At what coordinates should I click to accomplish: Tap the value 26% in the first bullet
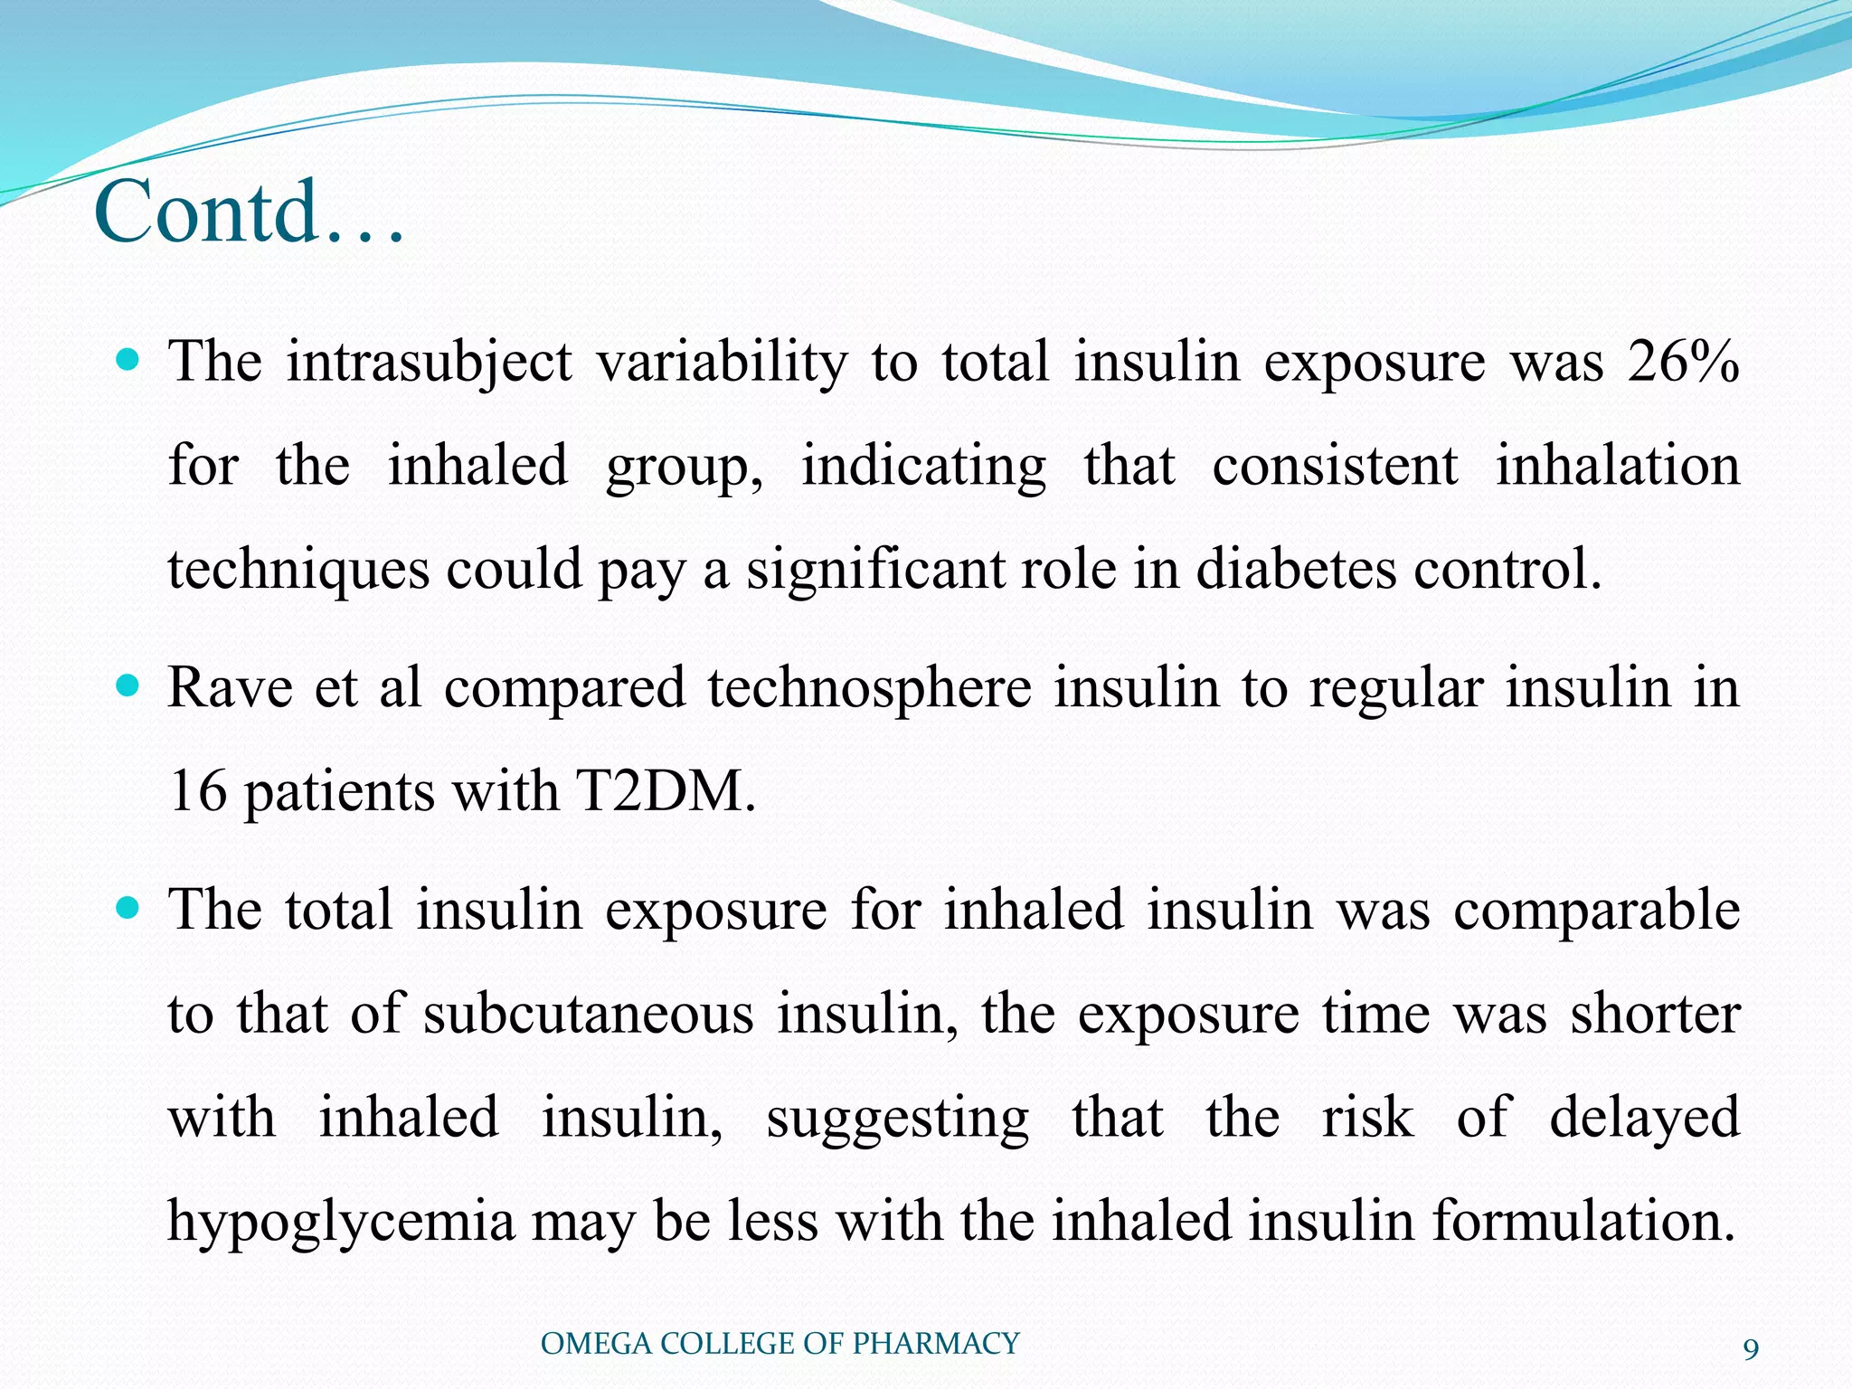tap(1683, 363)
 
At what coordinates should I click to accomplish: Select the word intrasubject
tap(429, 363)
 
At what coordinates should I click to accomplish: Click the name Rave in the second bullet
tap(230, 687)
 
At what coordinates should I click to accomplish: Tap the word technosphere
tap(869, 687)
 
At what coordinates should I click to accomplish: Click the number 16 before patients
tap(197, 791)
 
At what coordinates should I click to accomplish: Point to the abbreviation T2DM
tap(665, 791)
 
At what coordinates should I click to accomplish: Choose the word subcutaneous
tap(589, 1014)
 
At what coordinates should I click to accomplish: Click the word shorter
tap(1655, 1014)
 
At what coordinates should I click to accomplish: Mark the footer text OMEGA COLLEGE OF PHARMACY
tap(780, 1344)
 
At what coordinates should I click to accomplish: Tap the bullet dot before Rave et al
tap(128, 686)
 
